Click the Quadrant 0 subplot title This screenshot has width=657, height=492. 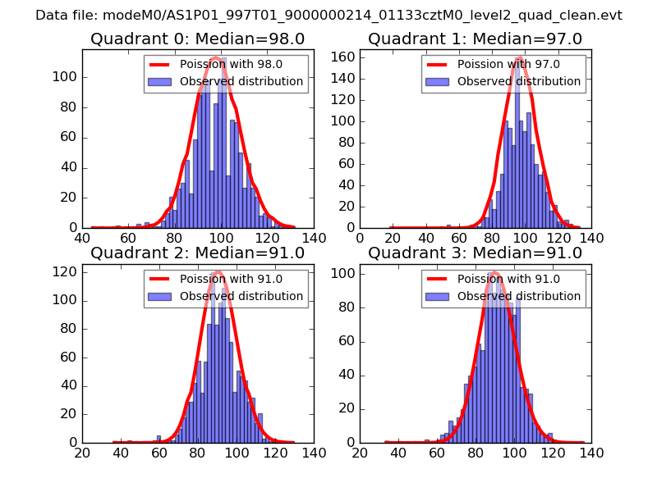(x=197, y=39)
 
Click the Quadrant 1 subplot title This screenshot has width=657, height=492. (x=475, y=39)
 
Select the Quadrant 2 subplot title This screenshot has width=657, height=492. (x=197, y=253)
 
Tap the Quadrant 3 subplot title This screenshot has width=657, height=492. (x=475, y=253)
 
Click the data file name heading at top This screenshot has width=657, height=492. (x=328, y=16)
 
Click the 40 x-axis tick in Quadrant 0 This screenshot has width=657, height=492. (x=82, y=238)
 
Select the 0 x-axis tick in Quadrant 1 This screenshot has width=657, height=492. (x=361, y=238)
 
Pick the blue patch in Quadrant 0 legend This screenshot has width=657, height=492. (x=160, y=82)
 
